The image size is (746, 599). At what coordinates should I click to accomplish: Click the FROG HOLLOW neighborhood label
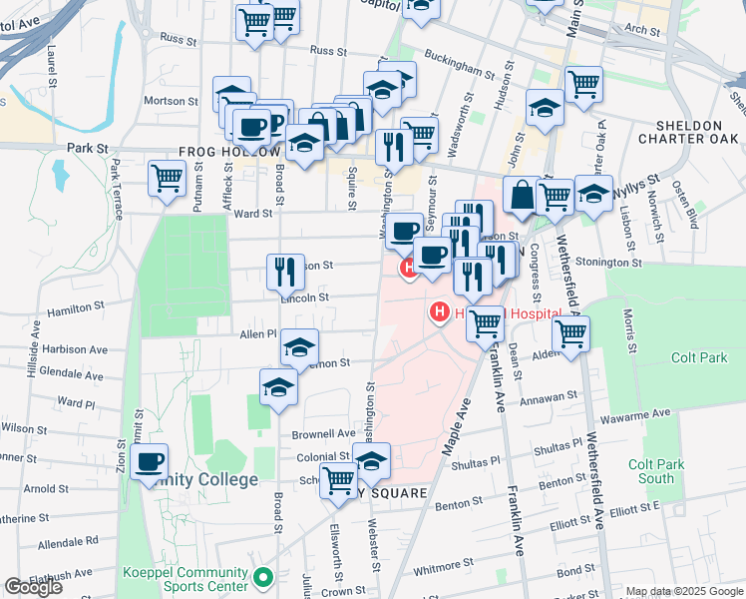click(x=228, y=152)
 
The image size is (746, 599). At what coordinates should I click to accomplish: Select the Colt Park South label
click(x=656, y=471)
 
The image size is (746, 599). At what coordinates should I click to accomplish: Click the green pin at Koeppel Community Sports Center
click(x=263, y=577)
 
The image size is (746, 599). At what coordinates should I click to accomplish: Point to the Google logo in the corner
click(x=34, y=587)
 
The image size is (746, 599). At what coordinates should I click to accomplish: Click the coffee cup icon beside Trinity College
click(x=150, y=463)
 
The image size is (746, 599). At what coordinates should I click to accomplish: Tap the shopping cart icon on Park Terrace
click(x=168, y=180)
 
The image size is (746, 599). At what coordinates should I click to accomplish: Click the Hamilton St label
click(x=75, y=308)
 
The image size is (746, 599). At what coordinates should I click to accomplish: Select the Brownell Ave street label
click(x=323, y=435)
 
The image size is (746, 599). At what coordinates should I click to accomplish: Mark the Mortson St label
click(x=165, y=101)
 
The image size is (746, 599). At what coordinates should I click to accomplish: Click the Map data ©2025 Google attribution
click(x=684, y=591)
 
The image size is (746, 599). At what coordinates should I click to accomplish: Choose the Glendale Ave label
click(x=72, y=375)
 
